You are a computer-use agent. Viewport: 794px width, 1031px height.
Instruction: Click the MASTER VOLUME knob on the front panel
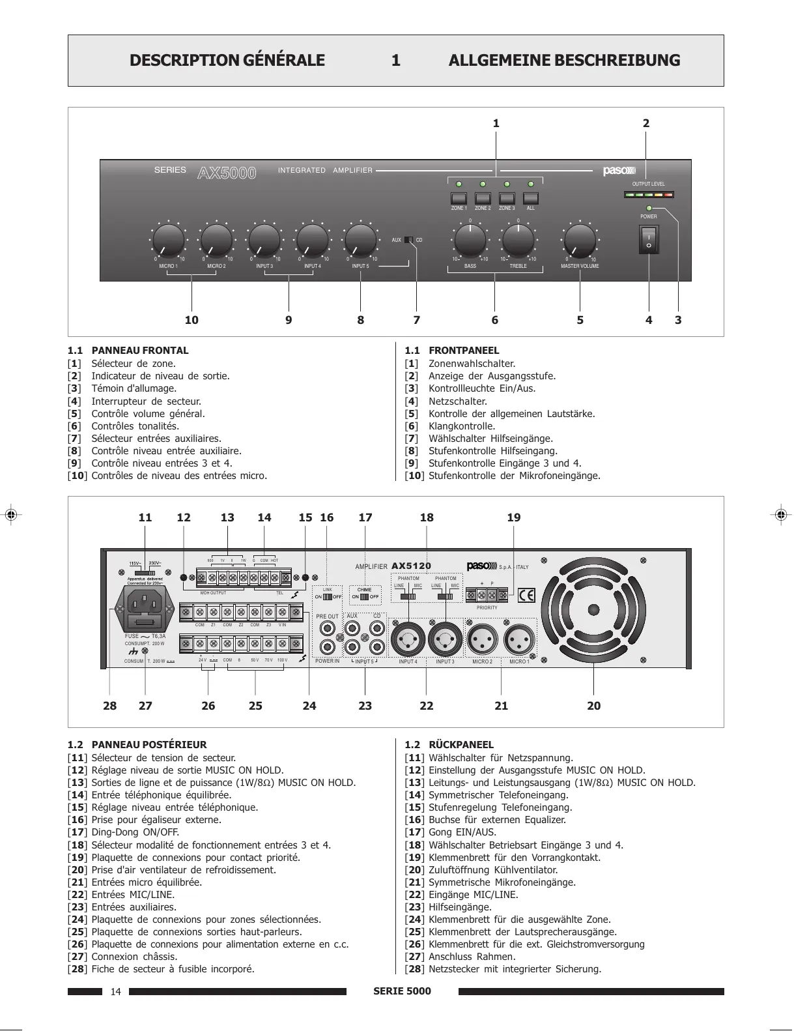pyautogui.click(x=580, y=240)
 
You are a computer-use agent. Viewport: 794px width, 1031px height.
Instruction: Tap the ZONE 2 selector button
pyautogui.click(x=483, y=198)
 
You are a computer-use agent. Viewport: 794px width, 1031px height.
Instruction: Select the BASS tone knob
pyautogui.click(x=470, y=240)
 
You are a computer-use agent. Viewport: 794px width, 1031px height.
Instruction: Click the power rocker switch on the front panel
pyautogui.click(x=649, y=239)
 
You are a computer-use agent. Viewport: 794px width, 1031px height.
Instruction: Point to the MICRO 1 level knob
pyautogui.click(x=168, y=240)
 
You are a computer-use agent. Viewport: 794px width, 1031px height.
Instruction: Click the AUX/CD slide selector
pyautogui.click(x=408, y=240)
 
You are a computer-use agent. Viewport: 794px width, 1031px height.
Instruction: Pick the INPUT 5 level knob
pyautogui.click(x=361, y=240)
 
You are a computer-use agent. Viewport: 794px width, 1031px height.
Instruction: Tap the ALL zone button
pyautogui.click(x=531, y=198)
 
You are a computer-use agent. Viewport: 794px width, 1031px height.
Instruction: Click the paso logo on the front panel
pyautogui.click(x=618, y=171)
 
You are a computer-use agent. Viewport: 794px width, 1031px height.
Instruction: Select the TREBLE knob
pyautogui.click(x=518, y=240)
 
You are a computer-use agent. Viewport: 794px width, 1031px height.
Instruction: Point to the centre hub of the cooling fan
pyautogui.click(x=594, y=609)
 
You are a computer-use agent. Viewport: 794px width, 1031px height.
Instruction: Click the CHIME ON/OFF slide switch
pyautogui.click(x=364, y=596)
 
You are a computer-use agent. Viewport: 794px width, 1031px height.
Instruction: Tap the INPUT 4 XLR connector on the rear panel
pyautogui.click(x=408, y=637)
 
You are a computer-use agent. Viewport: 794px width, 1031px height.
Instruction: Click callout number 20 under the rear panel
pyautogui.click(x=594, y=705)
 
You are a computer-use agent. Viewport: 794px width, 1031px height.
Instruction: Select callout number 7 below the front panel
pyautogui.click(x=416, y=320)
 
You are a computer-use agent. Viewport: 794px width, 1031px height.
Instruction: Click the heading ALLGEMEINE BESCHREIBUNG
pyautogui.click(x=564, y=61)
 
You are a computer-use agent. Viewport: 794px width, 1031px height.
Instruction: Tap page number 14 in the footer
pyautogui.click(x=116, y=992)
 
